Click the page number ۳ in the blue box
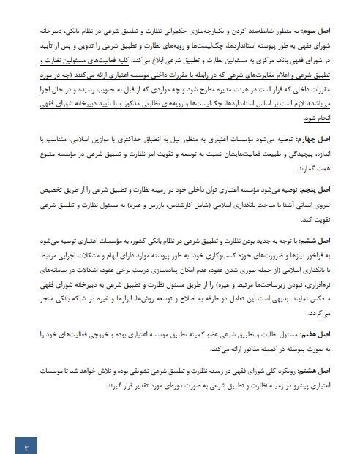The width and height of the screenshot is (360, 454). (26, 443)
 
